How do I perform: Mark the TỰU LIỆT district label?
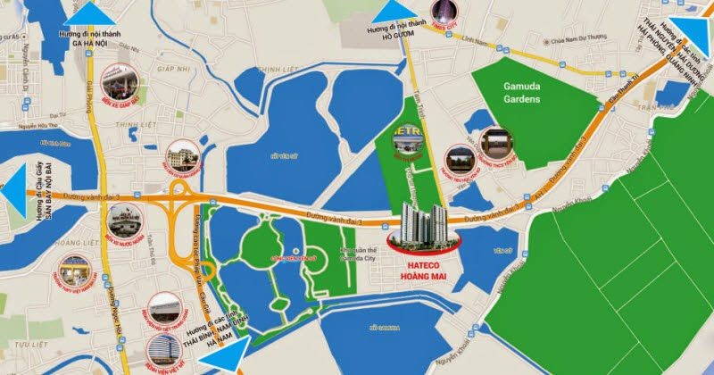coord(33,344)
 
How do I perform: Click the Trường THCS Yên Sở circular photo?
coord(496,141)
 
